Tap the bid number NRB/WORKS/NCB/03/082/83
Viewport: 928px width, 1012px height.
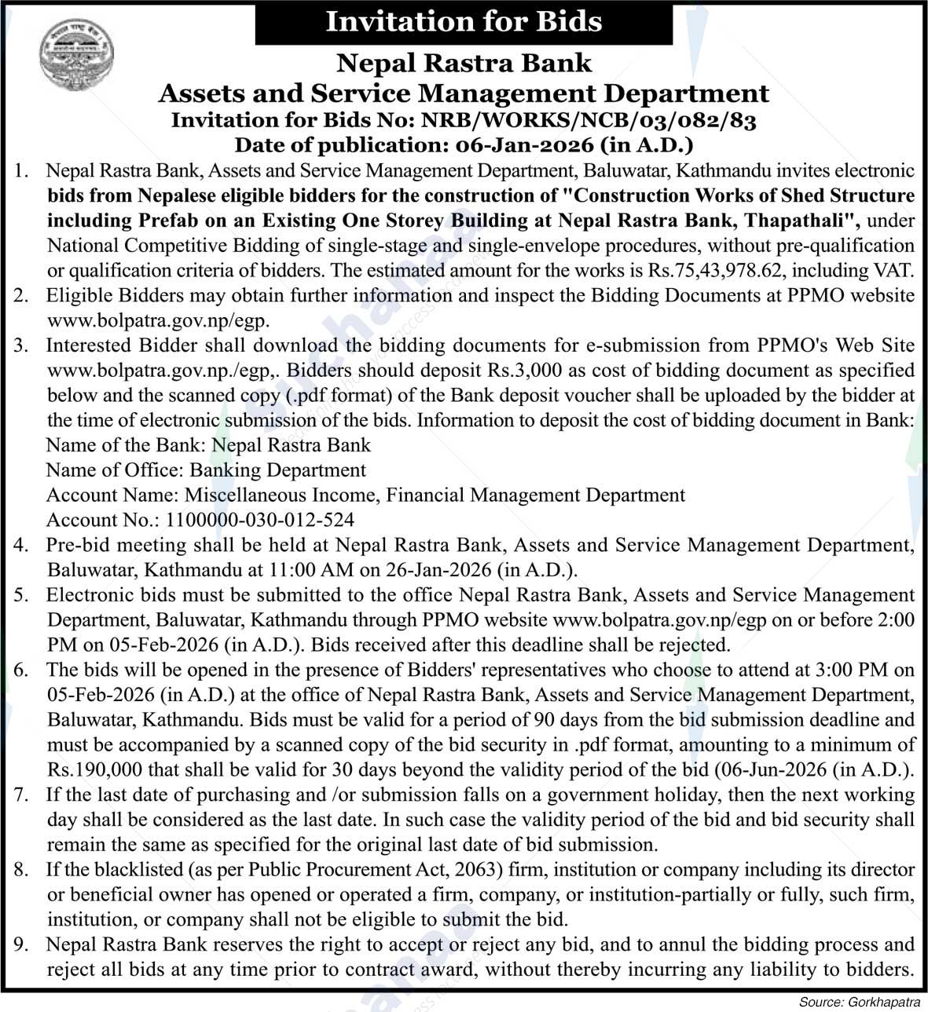589,120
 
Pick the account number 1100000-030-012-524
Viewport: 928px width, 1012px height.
260,520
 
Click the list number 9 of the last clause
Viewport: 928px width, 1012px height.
21,944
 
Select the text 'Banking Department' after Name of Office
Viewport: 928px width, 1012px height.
278,470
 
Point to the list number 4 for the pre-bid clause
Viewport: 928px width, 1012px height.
21,545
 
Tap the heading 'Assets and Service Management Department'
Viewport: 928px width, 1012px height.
464,93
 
